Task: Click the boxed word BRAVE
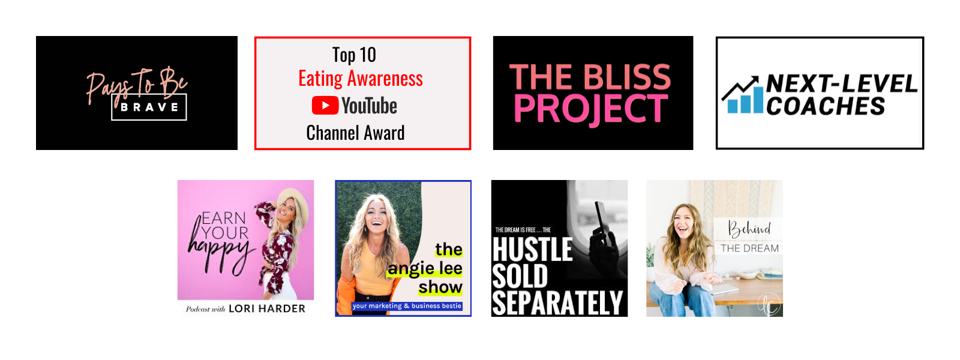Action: tap(149, 107)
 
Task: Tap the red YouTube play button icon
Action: tap(325, 106)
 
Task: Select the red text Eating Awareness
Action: tap(361, 79)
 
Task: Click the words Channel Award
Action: tap(355, 133)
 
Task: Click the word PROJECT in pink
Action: tap(590, 109)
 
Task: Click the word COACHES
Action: tap(826, 106)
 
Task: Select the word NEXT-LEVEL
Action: tap(842, 83)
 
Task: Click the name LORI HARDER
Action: tap(267, 308)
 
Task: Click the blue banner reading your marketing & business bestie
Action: tap(407, 306)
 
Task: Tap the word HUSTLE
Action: tap(532, 249)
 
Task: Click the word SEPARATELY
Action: tap(557, 303)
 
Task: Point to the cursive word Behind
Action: tap(749, 229)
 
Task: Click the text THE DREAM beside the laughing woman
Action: tap(749, 248)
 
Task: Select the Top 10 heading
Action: tap(354, 55)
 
